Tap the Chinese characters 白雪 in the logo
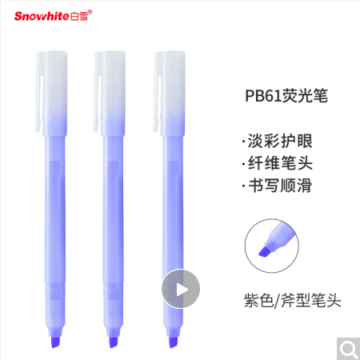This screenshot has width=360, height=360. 79,16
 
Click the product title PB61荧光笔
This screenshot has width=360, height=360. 286,96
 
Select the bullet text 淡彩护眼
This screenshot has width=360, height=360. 280,141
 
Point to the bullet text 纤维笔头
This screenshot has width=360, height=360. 280,163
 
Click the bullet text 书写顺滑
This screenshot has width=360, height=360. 280,186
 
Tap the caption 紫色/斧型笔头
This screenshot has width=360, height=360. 293,301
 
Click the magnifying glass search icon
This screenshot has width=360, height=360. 349,349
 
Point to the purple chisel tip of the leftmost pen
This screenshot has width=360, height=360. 55,342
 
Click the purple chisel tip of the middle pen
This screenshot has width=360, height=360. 114,342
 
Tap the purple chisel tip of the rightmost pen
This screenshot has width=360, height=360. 174,342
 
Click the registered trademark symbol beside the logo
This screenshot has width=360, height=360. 90,12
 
